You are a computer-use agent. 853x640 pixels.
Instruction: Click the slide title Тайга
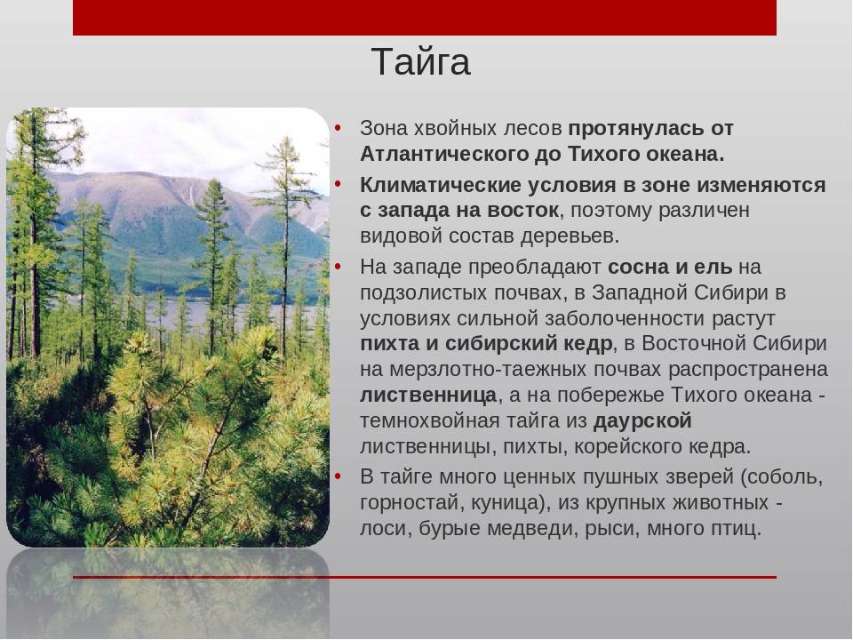tap(421, 62)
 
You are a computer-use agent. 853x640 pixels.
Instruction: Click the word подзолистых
tap(424, 292)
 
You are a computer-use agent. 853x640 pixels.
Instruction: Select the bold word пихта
tap(390, 344)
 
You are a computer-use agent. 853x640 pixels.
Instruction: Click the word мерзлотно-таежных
tap(509, 370)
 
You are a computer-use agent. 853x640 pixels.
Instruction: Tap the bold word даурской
tap(642, 421)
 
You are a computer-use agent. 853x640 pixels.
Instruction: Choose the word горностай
tap(408, 503)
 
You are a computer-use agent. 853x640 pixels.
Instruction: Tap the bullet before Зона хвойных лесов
tap(339, 128)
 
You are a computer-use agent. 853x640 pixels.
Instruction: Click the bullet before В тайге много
tap(339, 477)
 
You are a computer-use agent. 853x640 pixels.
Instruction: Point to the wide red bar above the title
tap(425, 18)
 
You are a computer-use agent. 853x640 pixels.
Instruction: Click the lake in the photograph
tap(179, 313)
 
